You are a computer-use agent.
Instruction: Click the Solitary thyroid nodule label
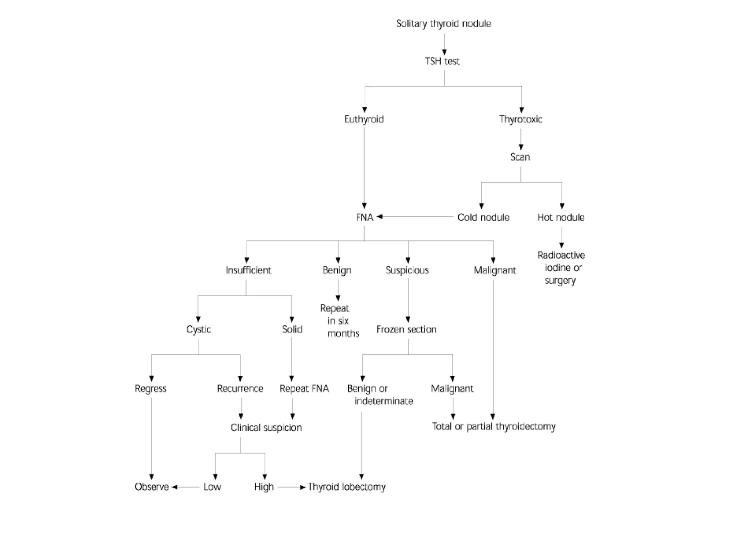pos(444,24)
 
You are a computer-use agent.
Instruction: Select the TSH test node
pos(442,61)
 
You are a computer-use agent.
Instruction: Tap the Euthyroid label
pos(364,119)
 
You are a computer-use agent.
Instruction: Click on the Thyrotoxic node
pos(521,119)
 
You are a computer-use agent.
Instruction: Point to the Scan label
pos(520,157)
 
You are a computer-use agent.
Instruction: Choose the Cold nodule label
pos(483,217)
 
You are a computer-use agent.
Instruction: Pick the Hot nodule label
pos(561,217)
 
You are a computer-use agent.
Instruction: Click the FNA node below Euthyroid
pos(365,217)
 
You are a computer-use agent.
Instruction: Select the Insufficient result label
pos(248,270)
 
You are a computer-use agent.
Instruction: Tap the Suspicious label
pos(407,270)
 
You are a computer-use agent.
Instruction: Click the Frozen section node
pos(406,330)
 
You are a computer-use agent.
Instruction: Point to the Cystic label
pos(198,330)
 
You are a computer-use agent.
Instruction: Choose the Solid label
pos(292,330)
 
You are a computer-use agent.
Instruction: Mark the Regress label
pos(151,389)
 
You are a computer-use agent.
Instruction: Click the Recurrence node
pos(240,389)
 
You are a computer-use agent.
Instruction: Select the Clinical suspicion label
pos(266,428)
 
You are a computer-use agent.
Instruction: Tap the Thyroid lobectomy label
pos(347,487)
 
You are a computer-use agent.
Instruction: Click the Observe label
pos(151,487)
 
